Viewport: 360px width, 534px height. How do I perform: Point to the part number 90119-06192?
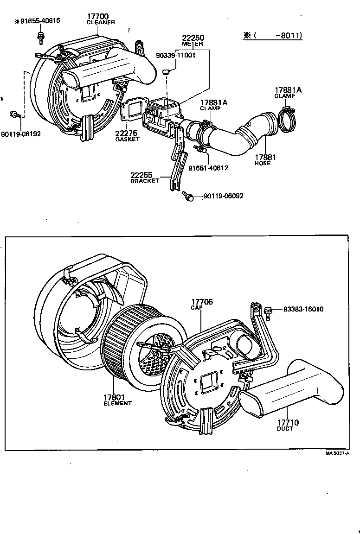pyautogui.click(x=21, y=134)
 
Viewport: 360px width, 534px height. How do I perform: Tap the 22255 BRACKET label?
pyautogui.click(x=144, y=177)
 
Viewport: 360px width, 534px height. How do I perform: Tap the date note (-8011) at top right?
pyautogui.click(x=273, y=35)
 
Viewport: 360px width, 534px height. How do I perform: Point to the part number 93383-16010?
pyautogui.click(x=304, y=310)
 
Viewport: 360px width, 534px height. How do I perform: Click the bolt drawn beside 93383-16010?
pyautogui.click(x=268, y=311)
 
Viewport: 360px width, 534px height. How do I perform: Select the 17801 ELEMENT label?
pyautogui.click(x=117, y=399)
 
